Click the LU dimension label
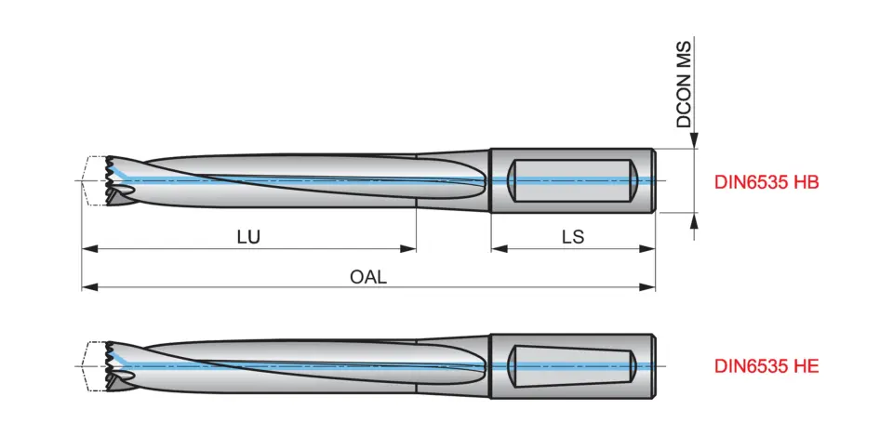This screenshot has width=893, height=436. (x=248, y=236)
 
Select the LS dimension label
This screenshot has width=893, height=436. (x=572, y=236)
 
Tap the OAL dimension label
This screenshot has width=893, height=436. (x=368, y=276)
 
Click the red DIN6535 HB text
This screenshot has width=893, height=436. (x=766, y=183)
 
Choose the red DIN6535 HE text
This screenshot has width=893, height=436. (x=766, y=366)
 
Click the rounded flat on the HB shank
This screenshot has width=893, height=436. (x=573, y=179)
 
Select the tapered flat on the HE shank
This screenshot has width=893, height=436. (x=573, y=363)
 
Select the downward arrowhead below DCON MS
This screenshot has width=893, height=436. (x=693, y=141)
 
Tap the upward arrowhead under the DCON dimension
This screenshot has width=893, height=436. (x=693, y=219)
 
